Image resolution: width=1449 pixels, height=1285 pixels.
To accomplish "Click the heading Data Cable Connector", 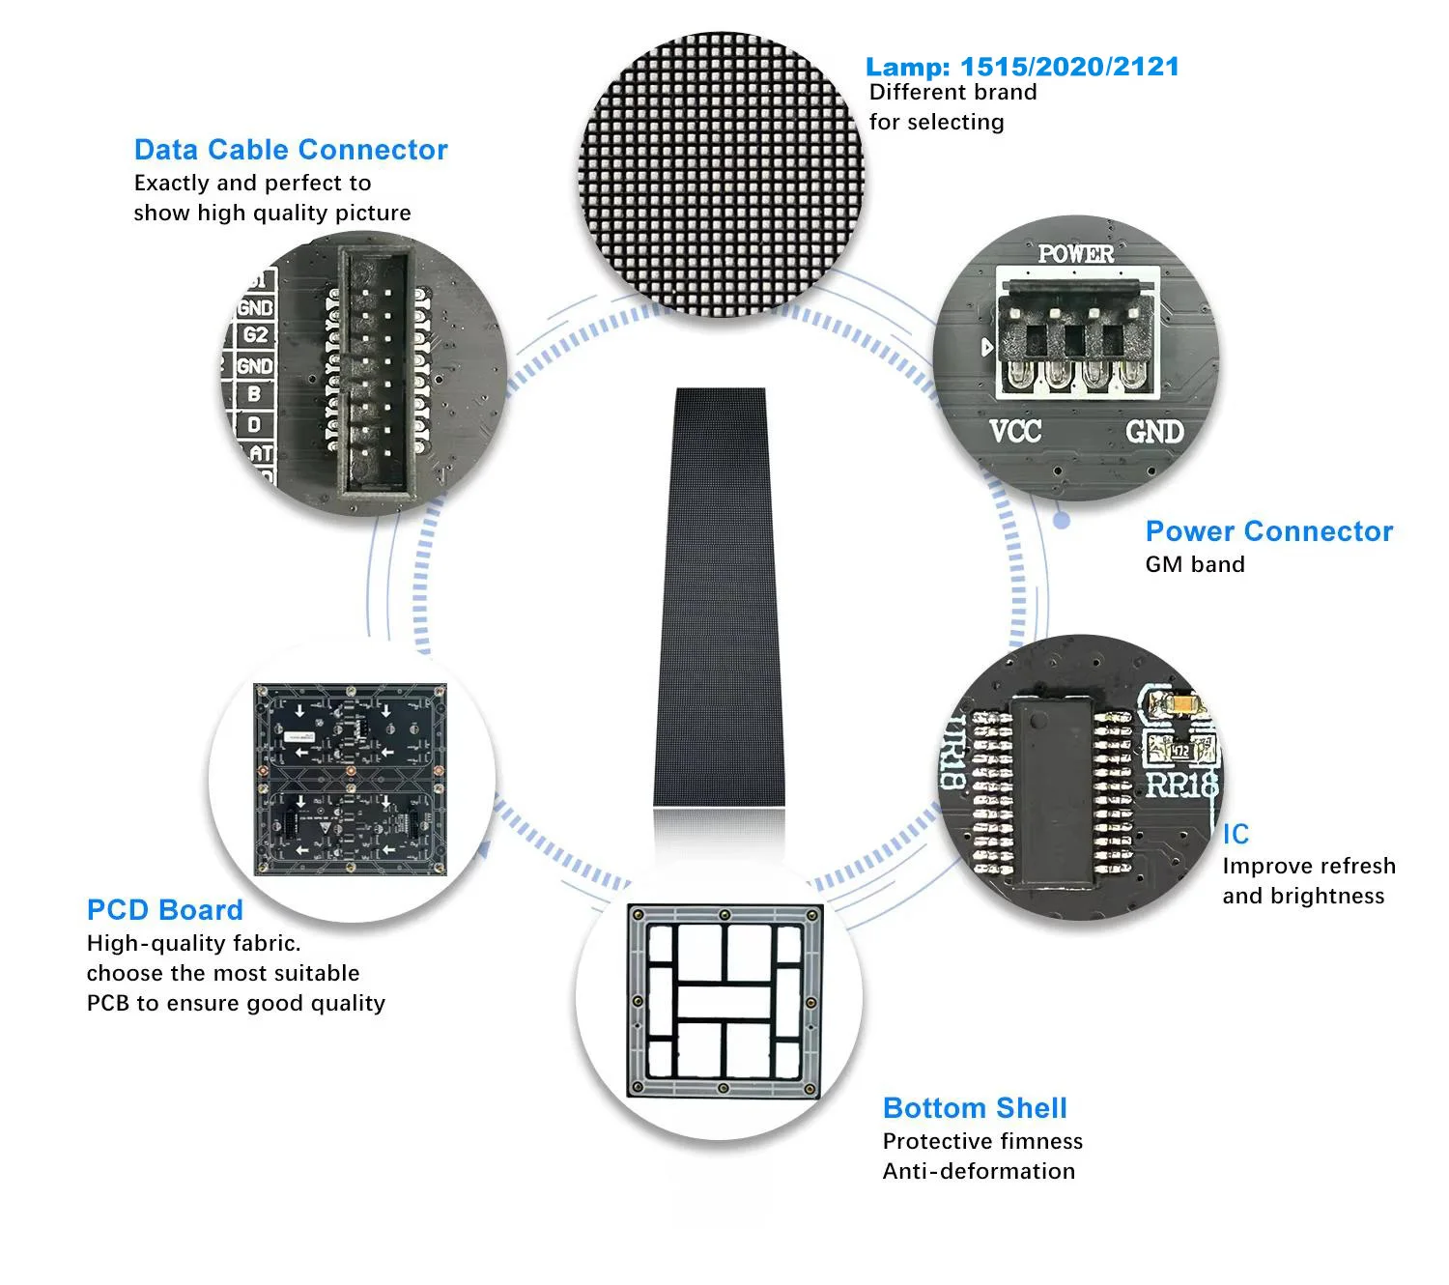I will pos(291,150).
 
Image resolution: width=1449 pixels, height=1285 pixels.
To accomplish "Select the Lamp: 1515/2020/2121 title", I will pos(1022,67).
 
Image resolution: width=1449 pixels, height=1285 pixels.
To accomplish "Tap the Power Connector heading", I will pos(1268,531).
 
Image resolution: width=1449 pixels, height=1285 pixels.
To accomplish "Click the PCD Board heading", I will pos(164,910).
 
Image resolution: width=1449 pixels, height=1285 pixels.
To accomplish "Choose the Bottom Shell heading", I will pos(975,1108).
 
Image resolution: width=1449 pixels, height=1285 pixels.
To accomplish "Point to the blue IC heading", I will pos(1236,834).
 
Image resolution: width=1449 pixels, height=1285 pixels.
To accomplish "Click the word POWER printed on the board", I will pos(1075,254).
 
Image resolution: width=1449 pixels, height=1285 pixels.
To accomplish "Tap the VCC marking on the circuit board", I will pos(1015,431).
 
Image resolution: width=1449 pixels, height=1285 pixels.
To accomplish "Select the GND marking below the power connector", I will pos(1154,431).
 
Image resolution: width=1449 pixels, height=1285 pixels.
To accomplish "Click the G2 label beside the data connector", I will pos(255,335).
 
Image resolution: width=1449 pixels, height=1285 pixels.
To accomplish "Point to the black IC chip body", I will pos(1051,783).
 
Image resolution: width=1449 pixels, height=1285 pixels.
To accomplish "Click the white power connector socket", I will pos(1076,333).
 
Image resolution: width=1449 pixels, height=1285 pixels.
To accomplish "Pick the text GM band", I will pos(1195,564).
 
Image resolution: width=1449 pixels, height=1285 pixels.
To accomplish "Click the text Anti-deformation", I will pos(979,1171).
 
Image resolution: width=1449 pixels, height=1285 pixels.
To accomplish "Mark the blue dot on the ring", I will pos(1062,520).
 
